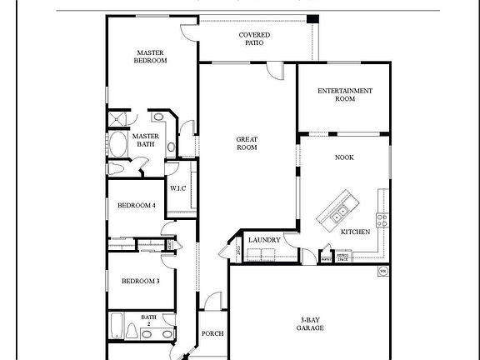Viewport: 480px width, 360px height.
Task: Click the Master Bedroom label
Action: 151,56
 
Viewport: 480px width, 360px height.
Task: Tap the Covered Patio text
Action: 254,38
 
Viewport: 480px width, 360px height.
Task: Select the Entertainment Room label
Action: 344,94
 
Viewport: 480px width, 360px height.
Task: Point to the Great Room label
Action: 246,142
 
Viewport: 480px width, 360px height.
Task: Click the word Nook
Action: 344,157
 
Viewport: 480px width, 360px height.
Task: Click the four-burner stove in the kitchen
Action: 382,220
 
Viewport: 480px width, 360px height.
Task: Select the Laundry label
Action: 262,240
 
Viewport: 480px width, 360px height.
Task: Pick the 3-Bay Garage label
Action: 309,323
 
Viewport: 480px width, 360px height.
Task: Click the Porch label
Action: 212,333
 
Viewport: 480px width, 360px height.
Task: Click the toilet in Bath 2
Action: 147,334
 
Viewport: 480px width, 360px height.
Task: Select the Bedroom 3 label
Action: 140,281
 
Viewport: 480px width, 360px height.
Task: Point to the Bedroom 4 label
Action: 136,206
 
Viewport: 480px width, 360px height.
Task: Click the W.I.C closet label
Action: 178,188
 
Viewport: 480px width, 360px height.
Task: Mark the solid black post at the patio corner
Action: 312,19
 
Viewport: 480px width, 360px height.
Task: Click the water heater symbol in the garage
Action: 382,271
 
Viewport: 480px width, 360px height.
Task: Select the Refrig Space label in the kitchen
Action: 342,258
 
